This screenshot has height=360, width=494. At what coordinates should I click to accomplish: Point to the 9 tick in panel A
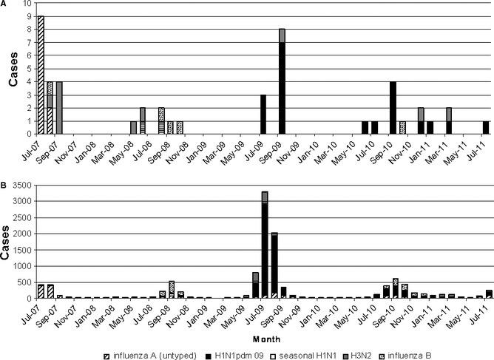(x=28, y=16)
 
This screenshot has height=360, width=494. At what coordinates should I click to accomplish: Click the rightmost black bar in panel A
(x=485, y=128)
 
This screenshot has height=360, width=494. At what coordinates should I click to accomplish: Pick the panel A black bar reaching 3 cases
(x=263, y=115)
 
